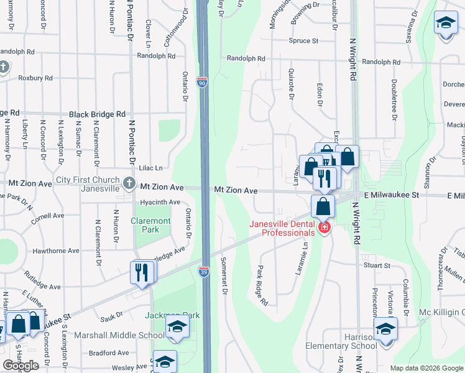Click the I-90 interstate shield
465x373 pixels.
click(202, 81)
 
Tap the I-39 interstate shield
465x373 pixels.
click(204, 271)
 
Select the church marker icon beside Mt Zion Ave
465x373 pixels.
click(129, 183)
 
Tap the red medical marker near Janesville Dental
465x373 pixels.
click(323, 228)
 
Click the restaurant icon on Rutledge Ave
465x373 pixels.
click(142, 272)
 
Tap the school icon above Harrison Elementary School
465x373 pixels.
click(386, 328)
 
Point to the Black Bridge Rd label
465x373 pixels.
click(97, 114)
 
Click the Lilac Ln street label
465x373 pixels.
click(150, 168)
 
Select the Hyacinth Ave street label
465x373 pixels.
click(160, 202)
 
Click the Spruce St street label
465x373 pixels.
click(303, 41)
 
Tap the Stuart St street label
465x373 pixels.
click(377, 265)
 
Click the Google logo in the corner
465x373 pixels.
click(21, 366)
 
